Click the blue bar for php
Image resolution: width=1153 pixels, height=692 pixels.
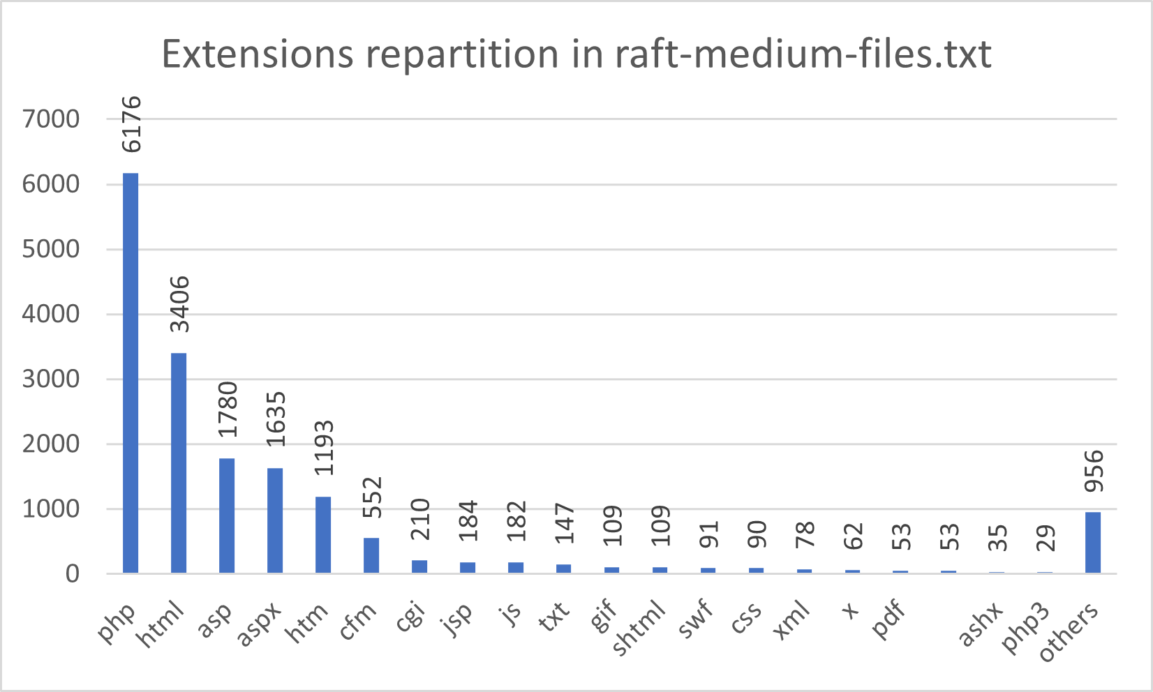tap(131, 373)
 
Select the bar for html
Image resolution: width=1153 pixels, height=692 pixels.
tap(179, 463)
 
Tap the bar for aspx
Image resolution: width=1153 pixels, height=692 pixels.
tap(275, 520)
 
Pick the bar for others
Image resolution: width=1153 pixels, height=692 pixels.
tap(1093, 543)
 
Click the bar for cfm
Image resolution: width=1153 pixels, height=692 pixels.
tap(371, 555)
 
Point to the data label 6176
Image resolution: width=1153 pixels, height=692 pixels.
tap(131, 124)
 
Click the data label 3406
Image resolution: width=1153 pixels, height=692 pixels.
tap(179, 304)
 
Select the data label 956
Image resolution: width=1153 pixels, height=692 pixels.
tap(1094, 471)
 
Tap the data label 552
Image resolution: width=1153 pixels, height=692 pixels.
tap(372, 497)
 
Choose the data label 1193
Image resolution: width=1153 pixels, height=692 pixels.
tap(324, 448)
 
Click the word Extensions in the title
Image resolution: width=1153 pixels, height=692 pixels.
tap(257, 54)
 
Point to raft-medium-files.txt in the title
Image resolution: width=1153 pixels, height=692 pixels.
tap(803, 54)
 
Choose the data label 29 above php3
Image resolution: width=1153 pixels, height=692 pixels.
tap(1046, 538)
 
